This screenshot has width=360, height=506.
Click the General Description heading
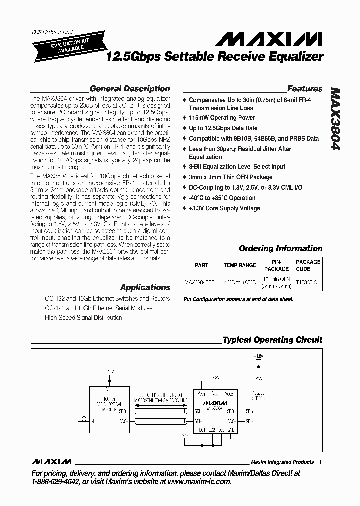130,89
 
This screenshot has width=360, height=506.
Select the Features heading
305,89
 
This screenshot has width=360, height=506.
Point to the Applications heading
145,288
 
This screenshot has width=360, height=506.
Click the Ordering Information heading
280,248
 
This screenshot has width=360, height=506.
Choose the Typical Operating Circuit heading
272,340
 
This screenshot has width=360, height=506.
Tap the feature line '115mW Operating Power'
222,118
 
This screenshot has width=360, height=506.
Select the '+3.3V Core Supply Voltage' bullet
229,208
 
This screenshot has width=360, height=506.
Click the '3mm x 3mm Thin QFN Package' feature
230,177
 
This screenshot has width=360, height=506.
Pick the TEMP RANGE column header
240,265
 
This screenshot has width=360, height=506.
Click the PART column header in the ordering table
201,265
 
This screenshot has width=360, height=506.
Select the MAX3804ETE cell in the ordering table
199,282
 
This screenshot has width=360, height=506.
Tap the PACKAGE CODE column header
308,265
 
